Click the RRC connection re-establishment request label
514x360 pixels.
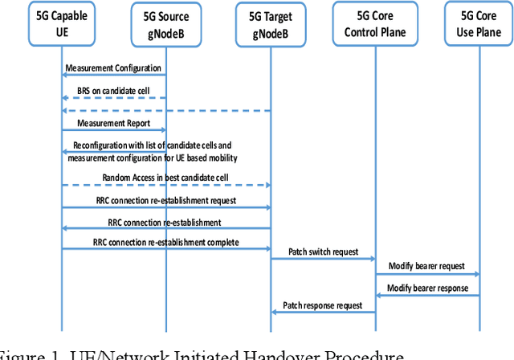pyautogui.click(x=165, y=199)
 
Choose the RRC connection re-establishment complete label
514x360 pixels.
pyautogui.click(x=165, y=241)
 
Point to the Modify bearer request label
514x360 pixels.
pyautogui.click(x=427, y=266)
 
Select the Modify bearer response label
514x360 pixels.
pyautogui.click(x=427, y=287)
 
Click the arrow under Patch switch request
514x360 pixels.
pyautogui.click(x=323, y=260)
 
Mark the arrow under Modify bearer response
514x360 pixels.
pyautogui.click(x=427, y=295)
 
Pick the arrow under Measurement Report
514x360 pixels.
pyautogui.click(x=113, y=130)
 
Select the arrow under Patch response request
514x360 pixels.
pyautogui.click(x=323, y=312)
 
